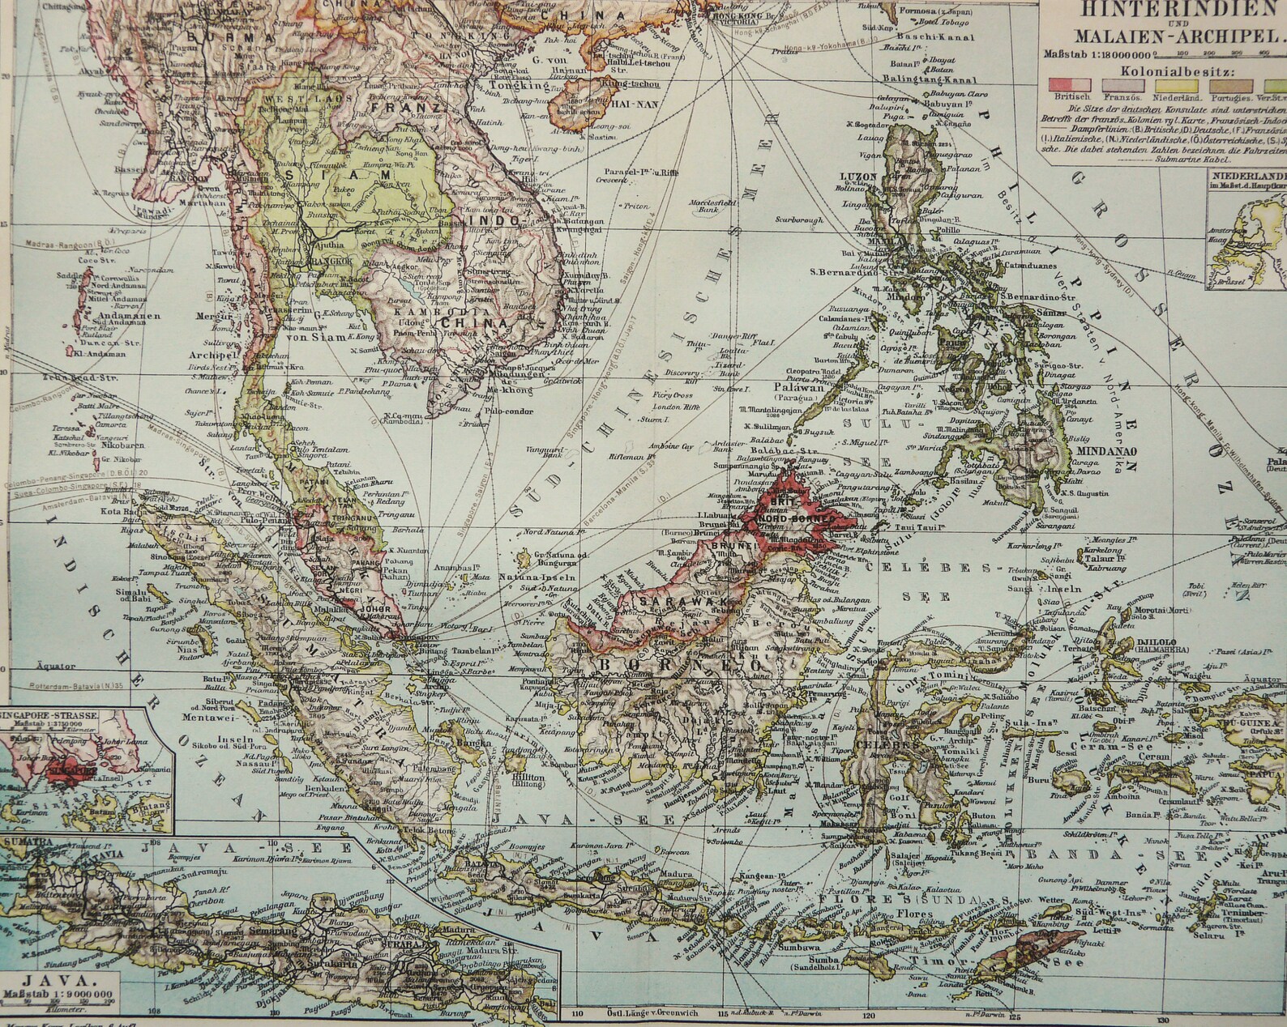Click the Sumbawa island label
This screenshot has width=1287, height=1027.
pyautogui.click(x=803, y=944)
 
